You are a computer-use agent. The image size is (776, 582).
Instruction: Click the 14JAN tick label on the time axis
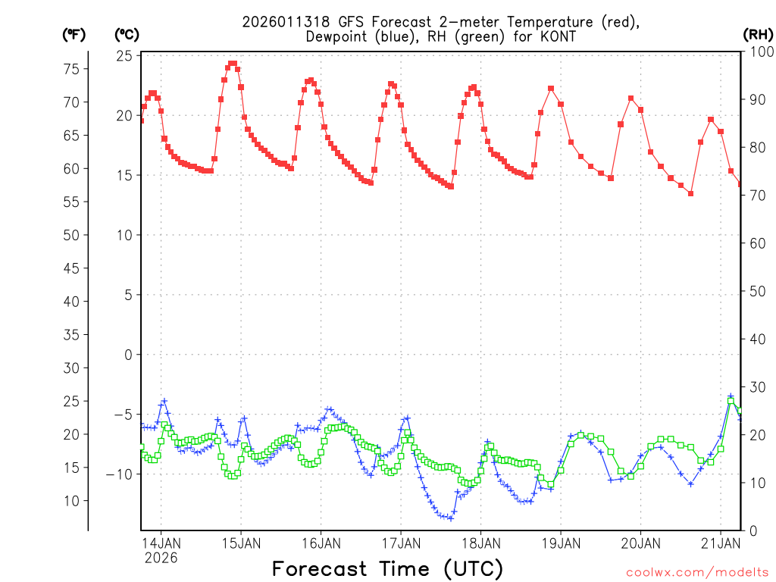[x=161, y=543]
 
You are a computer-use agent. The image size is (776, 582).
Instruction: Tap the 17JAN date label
[x=400, y=543]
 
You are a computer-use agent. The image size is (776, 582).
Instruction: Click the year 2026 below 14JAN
[x=161, y=558]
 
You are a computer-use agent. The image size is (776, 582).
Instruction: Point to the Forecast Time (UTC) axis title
[x=387, y=568]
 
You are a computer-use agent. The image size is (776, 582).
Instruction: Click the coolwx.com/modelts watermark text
[x=697, y=572]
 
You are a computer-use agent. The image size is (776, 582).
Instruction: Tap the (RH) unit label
[x=758, y=34]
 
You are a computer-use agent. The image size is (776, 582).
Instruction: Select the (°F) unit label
[x=75, y=34]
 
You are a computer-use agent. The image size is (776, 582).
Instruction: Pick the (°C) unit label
[x=127, y=34]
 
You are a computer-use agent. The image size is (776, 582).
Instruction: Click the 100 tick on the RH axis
[x=758, y=52]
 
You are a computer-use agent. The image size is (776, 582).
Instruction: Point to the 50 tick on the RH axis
[x=755, y=291]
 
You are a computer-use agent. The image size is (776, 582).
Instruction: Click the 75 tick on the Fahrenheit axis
[x=71, y=69]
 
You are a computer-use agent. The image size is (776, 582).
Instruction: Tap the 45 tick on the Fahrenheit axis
[x=71, y=268]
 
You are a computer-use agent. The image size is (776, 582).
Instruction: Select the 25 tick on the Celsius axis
[x=124, y=56]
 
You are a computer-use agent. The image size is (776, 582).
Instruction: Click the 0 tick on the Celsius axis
[x=128, y=355]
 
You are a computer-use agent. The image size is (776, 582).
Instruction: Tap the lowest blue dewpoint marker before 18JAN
[x=451, y=518]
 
